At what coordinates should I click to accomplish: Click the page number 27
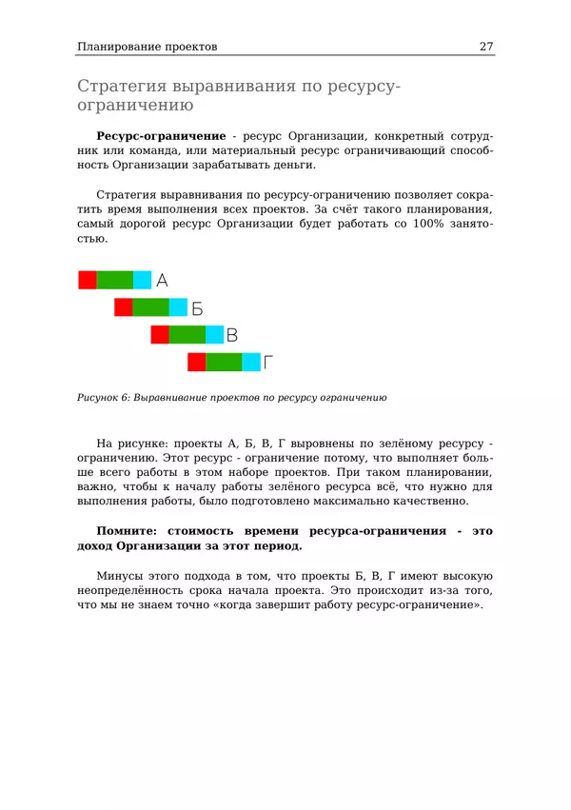point(486,46)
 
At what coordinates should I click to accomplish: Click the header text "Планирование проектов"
point(147,46)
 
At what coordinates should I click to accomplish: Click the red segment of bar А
point(87,280)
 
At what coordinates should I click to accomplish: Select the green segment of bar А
point(115,280)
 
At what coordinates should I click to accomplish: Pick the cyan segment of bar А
point(142,280)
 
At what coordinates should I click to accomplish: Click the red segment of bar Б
point(123,307)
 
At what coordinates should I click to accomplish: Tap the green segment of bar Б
point(150,307)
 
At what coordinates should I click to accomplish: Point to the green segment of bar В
point(187,335)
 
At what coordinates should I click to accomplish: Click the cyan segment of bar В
point(215,335)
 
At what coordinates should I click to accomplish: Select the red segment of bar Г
point(196,363)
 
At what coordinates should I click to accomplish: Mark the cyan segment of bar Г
point(251,363)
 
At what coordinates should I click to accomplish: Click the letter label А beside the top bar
point(162,281)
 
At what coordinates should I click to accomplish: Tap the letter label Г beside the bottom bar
point(268,363)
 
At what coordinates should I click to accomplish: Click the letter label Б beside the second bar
point(197,308)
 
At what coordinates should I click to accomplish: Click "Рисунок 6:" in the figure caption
point(104,397)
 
